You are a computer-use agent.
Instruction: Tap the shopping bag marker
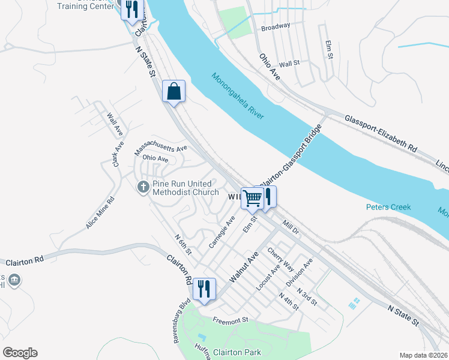pyautogui.click(x=174, y=92)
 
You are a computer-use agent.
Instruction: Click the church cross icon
pyautogui.click(x=143, y=187)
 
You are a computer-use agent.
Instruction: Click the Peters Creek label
pyautogui.click(x=388, y=207)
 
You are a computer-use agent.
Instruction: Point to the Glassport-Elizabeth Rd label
pyautogui.click(x=381, y=133)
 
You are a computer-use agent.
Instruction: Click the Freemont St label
pyautogui.click(x=232, y=321)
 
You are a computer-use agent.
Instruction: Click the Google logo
pyautogui.click(x=20, y=353)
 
